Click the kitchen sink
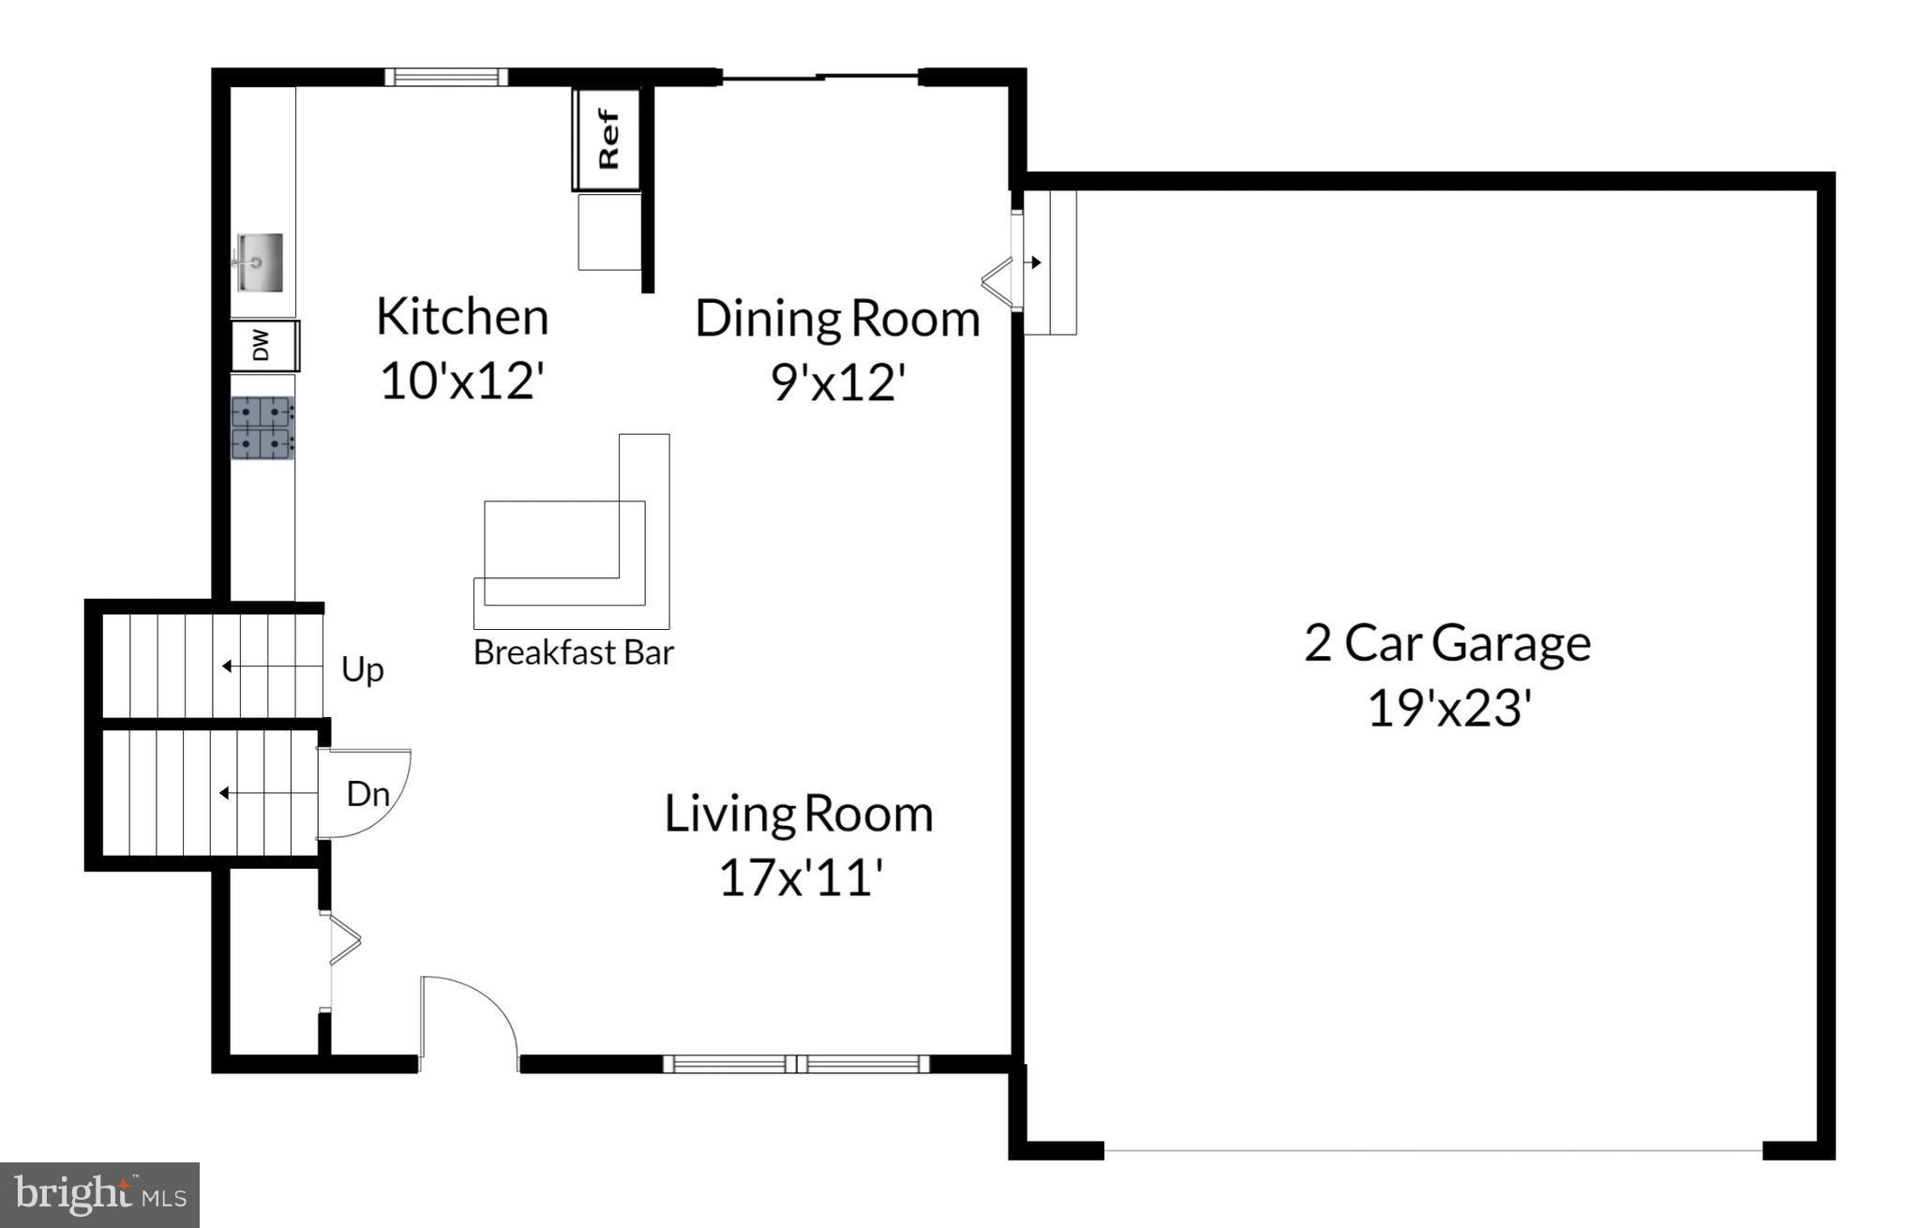coord(257,262)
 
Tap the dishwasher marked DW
coord(265,345)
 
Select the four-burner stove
coord(262,427)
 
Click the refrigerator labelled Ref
coord(607,140)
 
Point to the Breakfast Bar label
coord(574,652)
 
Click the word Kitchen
coord(462,317)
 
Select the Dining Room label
coord(837,319)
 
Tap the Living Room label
coord(799,814)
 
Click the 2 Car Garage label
coord(1447,643)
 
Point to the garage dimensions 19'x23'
coord(1449,708)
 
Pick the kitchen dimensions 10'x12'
coord(462,382)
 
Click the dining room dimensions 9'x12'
coord(838,382)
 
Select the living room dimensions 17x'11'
coord(800,878)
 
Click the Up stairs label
coord(362,670)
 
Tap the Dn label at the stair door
coord(367,794)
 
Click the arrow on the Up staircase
coord(272,666)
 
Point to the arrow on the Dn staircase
coord(268,793)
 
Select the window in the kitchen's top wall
coord(446,77)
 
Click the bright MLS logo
coord(100,1195)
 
